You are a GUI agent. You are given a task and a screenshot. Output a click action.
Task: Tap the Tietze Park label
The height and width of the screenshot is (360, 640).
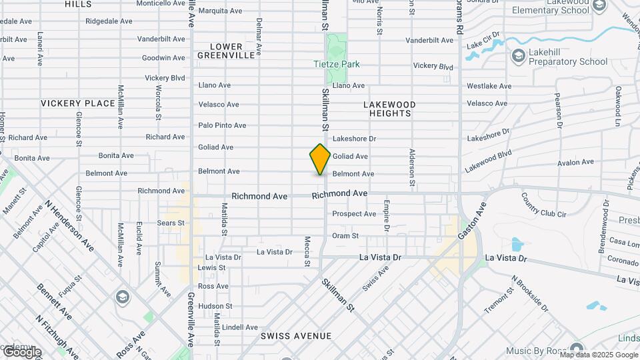337,65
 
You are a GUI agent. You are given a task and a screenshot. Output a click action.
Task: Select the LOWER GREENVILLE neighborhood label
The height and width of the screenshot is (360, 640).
226,51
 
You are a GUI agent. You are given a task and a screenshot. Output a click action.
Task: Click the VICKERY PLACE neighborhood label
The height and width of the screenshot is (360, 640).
78,103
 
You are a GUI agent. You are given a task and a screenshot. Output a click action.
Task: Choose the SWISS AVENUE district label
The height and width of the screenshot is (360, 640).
295,335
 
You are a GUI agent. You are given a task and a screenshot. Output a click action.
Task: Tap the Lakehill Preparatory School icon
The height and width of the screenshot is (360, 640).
518,57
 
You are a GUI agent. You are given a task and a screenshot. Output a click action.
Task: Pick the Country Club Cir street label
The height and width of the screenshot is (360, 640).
543,205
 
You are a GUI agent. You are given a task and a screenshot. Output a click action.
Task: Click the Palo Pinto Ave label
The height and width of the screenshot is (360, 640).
222,125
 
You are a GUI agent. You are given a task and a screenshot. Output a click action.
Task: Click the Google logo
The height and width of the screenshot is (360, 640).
21,353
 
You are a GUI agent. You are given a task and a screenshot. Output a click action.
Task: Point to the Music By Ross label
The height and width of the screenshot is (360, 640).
537,351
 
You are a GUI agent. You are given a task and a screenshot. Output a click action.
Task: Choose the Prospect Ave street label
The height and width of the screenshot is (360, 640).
354,214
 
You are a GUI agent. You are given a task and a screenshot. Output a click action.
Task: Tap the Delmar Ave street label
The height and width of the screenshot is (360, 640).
259,37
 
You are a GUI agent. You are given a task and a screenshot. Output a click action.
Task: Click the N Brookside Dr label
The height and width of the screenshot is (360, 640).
530,295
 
